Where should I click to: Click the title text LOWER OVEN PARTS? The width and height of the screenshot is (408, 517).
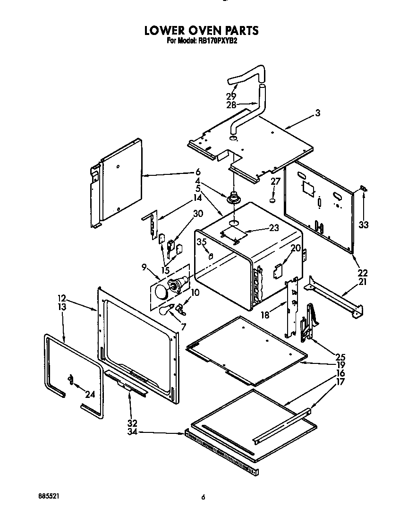[x=201, y=31]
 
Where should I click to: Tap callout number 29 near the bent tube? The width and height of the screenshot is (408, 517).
[x=231, y=96]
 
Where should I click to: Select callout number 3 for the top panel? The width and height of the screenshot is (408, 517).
[x=318, y=113]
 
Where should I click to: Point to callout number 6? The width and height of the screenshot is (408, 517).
[x=198, y=172]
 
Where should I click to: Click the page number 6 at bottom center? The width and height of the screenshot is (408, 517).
[x=203, y=497]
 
